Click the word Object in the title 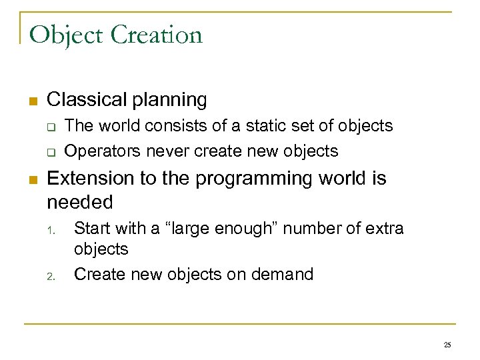pyautogui.click(x=66, y=35)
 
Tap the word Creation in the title pyautogui.click(x=156, y=35)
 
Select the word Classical pyautogui.click(x=86, y=100)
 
